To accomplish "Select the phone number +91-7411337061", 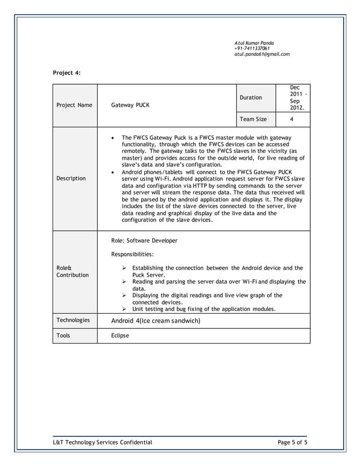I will pos(252,49).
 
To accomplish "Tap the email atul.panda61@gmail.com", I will pos(262,54).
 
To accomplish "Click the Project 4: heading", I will pos(67,73).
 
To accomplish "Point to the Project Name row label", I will pos(74,105).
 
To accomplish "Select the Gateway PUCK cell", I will pos(130,105).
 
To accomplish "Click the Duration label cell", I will pos(251,98).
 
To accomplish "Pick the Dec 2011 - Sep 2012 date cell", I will pos(296,98).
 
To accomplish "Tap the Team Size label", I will pos(253,119).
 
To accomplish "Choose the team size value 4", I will pos(292,119).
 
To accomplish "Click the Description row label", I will pos(71,178).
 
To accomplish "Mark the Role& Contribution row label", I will pos(72,271).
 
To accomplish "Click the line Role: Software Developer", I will pos(144,240).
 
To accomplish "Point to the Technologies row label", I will pos(73,320).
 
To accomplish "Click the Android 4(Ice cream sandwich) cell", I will pos(156,321).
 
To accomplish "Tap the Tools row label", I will pos(63,336).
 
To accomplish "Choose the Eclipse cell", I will pos(120,336).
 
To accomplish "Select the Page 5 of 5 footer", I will pos(292,442).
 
